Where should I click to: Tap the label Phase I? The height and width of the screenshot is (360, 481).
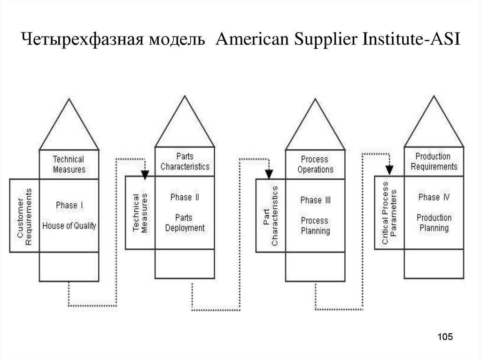pos(69,206)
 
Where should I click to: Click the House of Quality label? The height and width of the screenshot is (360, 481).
pos(69,226)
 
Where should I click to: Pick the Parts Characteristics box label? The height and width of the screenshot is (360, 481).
pos(185,161)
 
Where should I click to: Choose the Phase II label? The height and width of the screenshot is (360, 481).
pos(185,198)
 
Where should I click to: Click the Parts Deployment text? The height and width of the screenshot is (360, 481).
pos(185,222)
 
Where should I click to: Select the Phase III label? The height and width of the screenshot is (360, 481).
pos(315,200)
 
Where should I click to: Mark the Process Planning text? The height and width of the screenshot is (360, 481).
pos(315,225)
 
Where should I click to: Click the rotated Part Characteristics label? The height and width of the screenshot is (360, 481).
pos(270,216)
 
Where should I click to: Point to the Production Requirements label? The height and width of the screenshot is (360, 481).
pos(433,161)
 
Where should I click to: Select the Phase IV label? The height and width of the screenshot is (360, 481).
pos(434,198)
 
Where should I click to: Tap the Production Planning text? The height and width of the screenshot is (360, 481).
pos(434,222)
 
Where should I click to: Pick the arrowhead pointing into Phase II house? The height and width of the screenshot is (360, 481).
pos(145,175)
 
